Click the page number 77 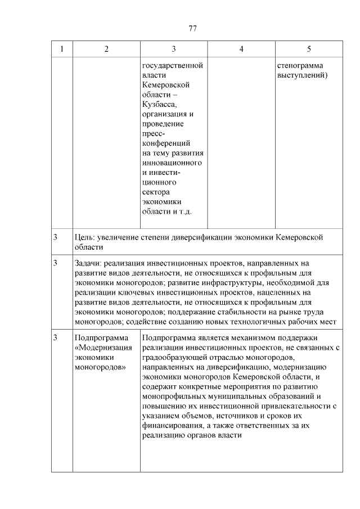pos(192,29)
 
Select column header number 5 pos(309,49)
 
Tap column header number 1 pos(62,49)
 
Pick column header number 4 pos(241,49)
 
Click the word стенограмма pos(300,66)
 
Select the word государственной pos(172,66)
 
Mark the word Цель pos(83,237)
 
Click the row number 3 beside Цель pos(55,237)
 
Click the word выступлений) pos(303,75)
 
